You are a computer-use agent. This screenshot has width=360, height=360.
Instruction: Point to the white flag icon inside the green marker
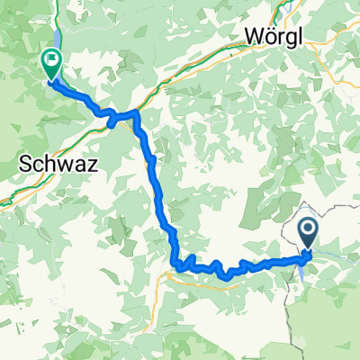click(x=51, y=61)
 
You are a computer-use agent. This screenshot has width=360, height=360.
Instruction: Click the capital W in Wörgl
click(x=253, y=37)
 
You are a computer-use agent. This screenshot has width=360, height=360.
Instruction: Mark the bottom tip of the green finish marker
click(x=51, y=80)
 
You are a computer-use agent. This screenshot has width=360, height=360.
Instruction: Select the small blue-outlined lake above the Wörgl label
click(x=274, y=7)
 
